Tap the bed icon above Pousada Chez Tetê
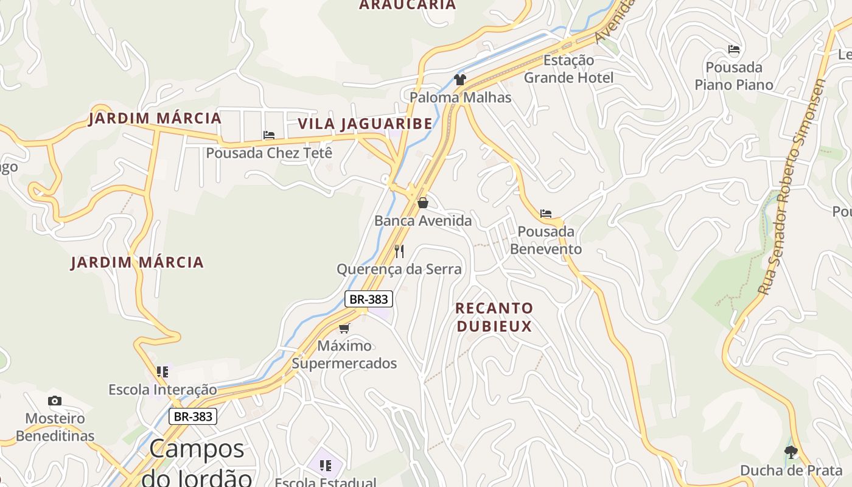[x=269, y=135]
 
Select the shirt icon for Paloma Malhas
[x=460, y=79]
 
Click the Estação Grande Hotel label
[x=568, y=69]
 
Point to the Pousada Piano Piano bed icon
[x=734, y=49]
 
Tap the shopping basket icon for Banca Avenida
[x=423, y=203]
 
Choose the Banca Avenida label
[x=423, y=221]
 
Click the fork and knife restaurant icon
[x=399, y=251]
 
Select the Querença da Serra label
[x=399, y=269]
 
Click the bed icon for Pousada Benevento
[x=546, y=214]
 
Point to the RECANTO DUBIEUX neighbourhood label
[x=494, y=317]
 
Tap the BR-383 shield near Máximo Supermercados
[x=369, y=299]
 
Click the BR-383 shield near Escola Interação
[x=193, y=416]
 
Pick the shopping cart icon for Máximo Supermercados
[x=344, y=328]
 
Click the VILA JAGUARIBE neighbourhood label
[x=365, y=124]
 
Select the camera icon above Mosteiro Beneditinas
[x=55, y=401]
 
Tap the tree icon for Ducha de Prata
[x=791, y=452]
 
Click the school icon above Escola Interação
[x=162, y=371]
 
